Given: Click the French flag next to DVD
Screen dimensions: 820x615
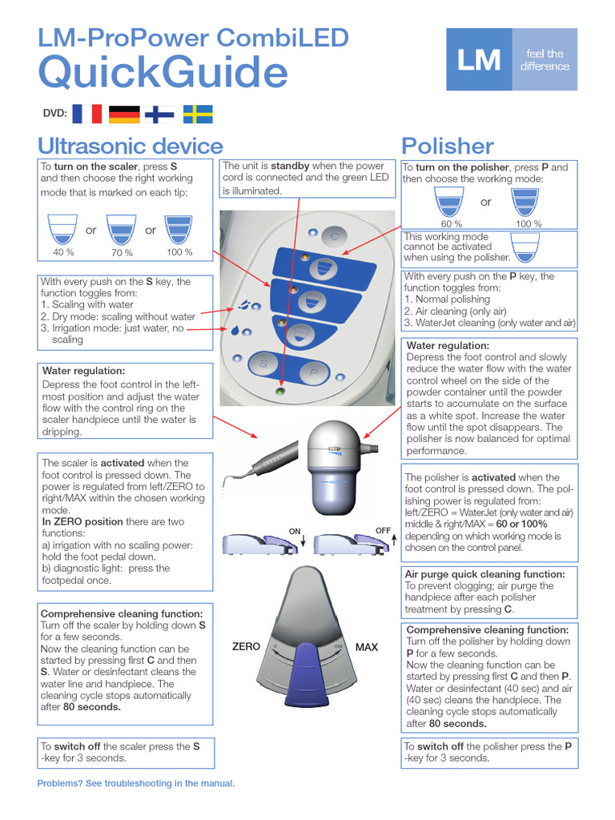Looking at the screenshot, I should (x=87, y=114).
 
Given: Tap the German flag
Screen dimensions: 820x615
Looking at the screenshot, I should (x=124, y=114).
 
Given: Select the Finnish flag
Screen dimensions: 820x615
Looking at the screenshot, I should (x=161, y=114).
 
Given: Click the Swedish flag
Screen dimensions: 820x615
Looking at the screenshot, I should (x=198, y=114).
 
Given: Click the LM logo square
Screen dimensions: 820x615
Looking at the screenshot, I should (x=479, y=59).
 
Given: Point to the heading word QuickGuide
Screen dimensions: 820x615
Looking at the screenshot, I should (x=163, y=73).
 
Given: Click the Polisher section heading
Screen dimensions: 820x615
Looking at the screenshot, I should (x=448, y=146).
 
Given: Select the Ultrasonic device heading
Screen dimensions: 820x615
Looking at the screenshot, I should (x=131, y=146).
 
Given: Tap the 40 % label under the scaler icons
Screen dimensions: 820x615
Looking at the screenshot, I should (x=63, y=252).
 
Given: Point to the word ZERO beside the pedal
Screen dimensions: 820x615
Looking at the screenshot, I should (x=246, y=646).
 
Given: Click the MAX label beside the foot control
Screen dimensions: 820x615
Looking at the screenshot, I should (x=367, y=646).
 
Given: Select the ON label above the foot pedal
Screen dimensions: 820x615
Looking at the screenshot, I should (x=295, y=531).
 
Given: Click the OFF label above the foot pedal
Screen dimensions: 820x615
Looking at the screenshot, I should (x=383, y=531).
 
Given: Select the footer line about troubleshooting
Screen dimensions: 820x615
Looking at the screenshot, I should (x=136, y=783).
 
